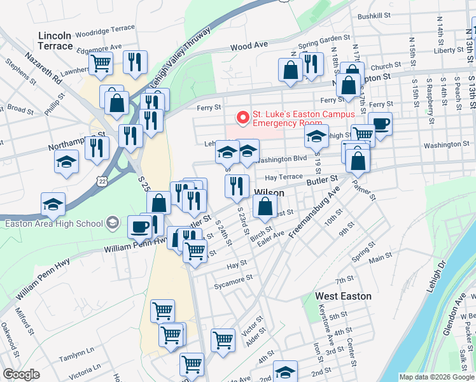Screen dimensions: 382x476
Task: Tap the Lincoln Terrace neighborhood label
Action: pos(55,41)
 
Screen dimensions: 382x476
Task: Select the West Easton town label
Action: pos(343,296)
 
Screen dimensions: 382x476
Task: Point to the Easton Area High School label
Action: pos(53,223)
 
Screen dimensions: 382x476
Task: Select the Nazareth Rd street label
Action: pos(43,66)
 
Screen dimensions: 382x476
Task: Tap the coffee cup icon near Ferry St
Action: pos(381,124)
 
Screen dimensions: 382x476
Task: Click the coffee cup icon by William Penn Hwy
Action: pos(139,227)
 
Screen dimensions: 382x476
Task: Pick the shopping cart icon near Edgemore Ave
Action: pos(101,63)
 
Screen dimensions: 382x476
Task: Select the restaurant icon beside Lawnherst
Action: pos(135,62)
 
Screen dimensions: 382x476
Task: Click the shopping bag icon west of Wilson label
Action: pos(158,203)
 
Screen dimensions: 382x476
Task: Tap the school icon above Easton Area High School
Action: pos(53,204)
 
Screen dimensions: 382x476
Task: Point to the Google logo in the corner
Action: pos(21,374)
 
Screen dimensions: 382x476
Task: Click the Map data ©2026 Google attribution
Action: pos(436,377)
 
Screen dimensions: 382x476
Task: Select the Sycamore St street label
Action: pos(234,278)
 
